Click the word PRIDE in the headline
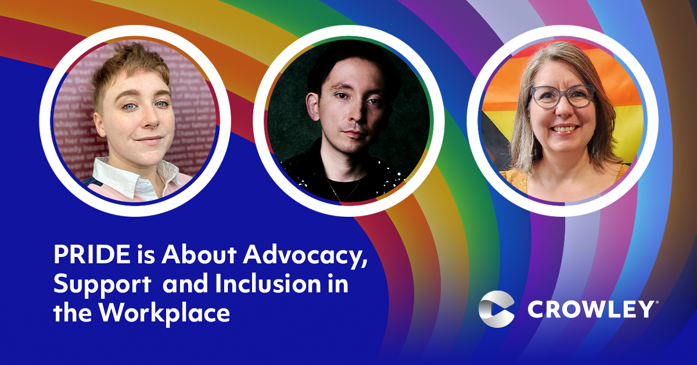tap(92, 255)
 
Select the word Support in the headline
tap(102, 284)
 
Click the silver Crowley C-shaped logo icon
tap(496, 309)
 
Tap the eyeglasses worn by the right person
tap(563, 96)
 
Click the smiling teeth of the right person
tap(564, 128)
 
